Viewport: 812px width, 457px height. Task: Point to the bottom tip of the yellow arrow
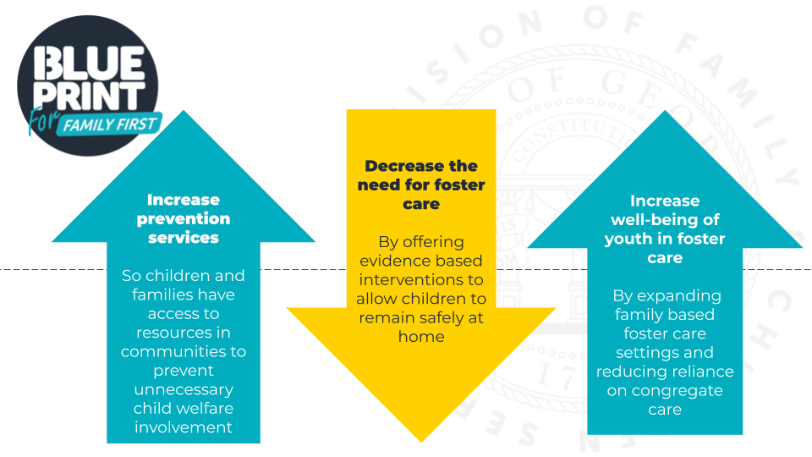pos(420,439)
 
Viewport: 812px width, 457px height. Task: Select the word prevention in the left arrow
pos(184,218)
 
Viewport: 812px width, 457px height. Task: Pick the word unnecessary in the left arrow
pos(184,389)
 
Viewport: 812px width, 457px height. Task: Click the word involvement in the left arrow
pos(184,427)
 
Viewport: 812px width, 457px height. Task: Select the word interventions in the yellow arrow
pos(420,280)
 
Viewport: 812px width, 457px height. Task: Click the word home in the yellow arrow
pos(420,336)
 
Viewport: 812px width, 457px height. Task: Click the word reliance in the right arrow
pos(701,372)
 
